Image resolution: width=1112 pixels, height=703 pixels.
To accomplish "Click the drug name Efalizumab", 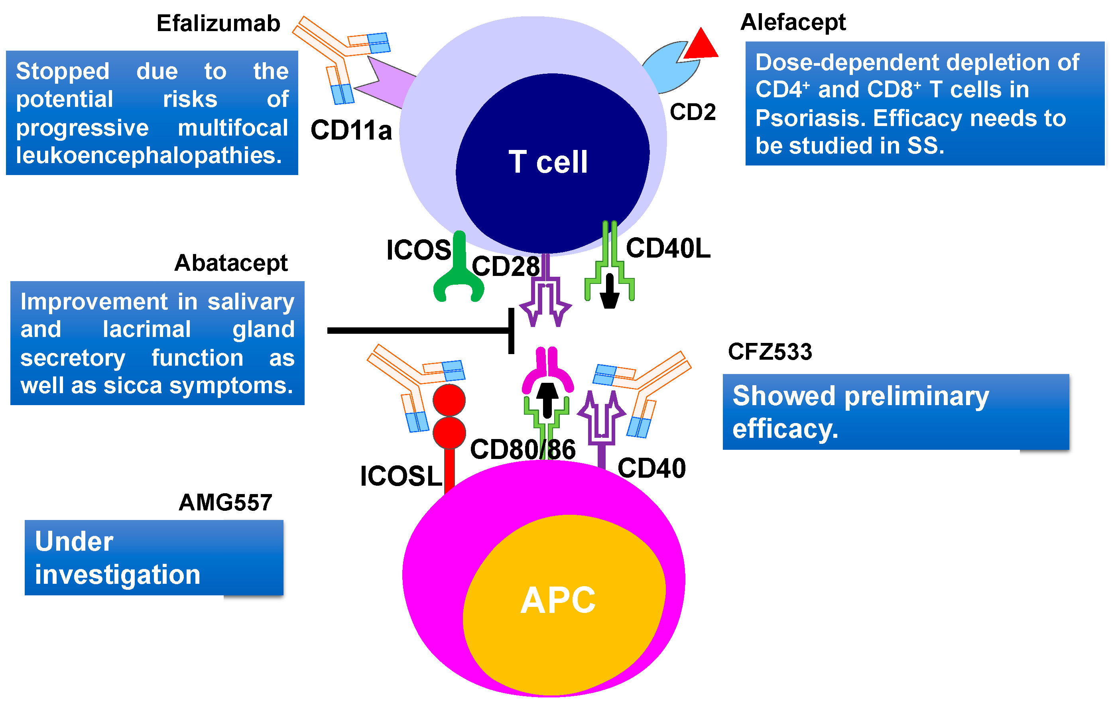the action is click(218, 23).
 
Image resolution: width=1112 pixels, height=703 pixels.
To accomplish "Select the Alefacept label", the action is click(793, 22).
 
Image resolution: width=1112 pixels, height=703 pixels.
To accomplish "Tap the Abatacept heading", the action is click(231, 263).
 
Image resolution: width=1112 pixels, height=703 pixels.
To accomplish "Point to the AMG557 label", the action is click(225, 502).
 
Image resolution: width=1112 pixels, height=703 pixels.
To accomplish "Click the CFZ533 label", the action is click(770, 352).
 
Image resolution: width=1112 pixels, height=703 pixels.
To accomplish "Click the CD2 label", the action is click(693, 112).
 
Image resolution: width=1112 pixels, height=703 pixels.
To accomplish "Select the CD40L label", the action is click(668, 248).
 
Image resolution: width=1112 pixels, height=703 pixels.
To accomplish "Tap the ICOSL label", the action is click(401, 476).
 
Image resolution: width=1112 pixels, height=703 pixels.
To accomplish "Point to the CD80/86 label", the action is click(523, 449).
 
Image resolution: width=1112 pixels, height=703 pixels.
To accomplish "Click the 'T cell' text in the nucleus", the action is click(548, 162).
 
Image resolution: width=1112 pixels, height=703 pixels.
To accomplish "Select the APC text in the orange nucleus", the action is click(558, 600).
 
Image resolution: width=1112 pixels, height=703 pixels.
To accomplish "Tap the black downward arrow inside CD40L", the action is click(610, 291).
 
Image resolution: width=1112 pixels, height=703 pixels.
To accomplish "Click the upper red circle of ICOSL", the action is click(449, 400).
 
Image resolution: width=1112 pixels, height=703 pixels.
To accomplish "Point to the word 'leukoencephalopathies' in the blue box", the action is click(149, 156).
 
